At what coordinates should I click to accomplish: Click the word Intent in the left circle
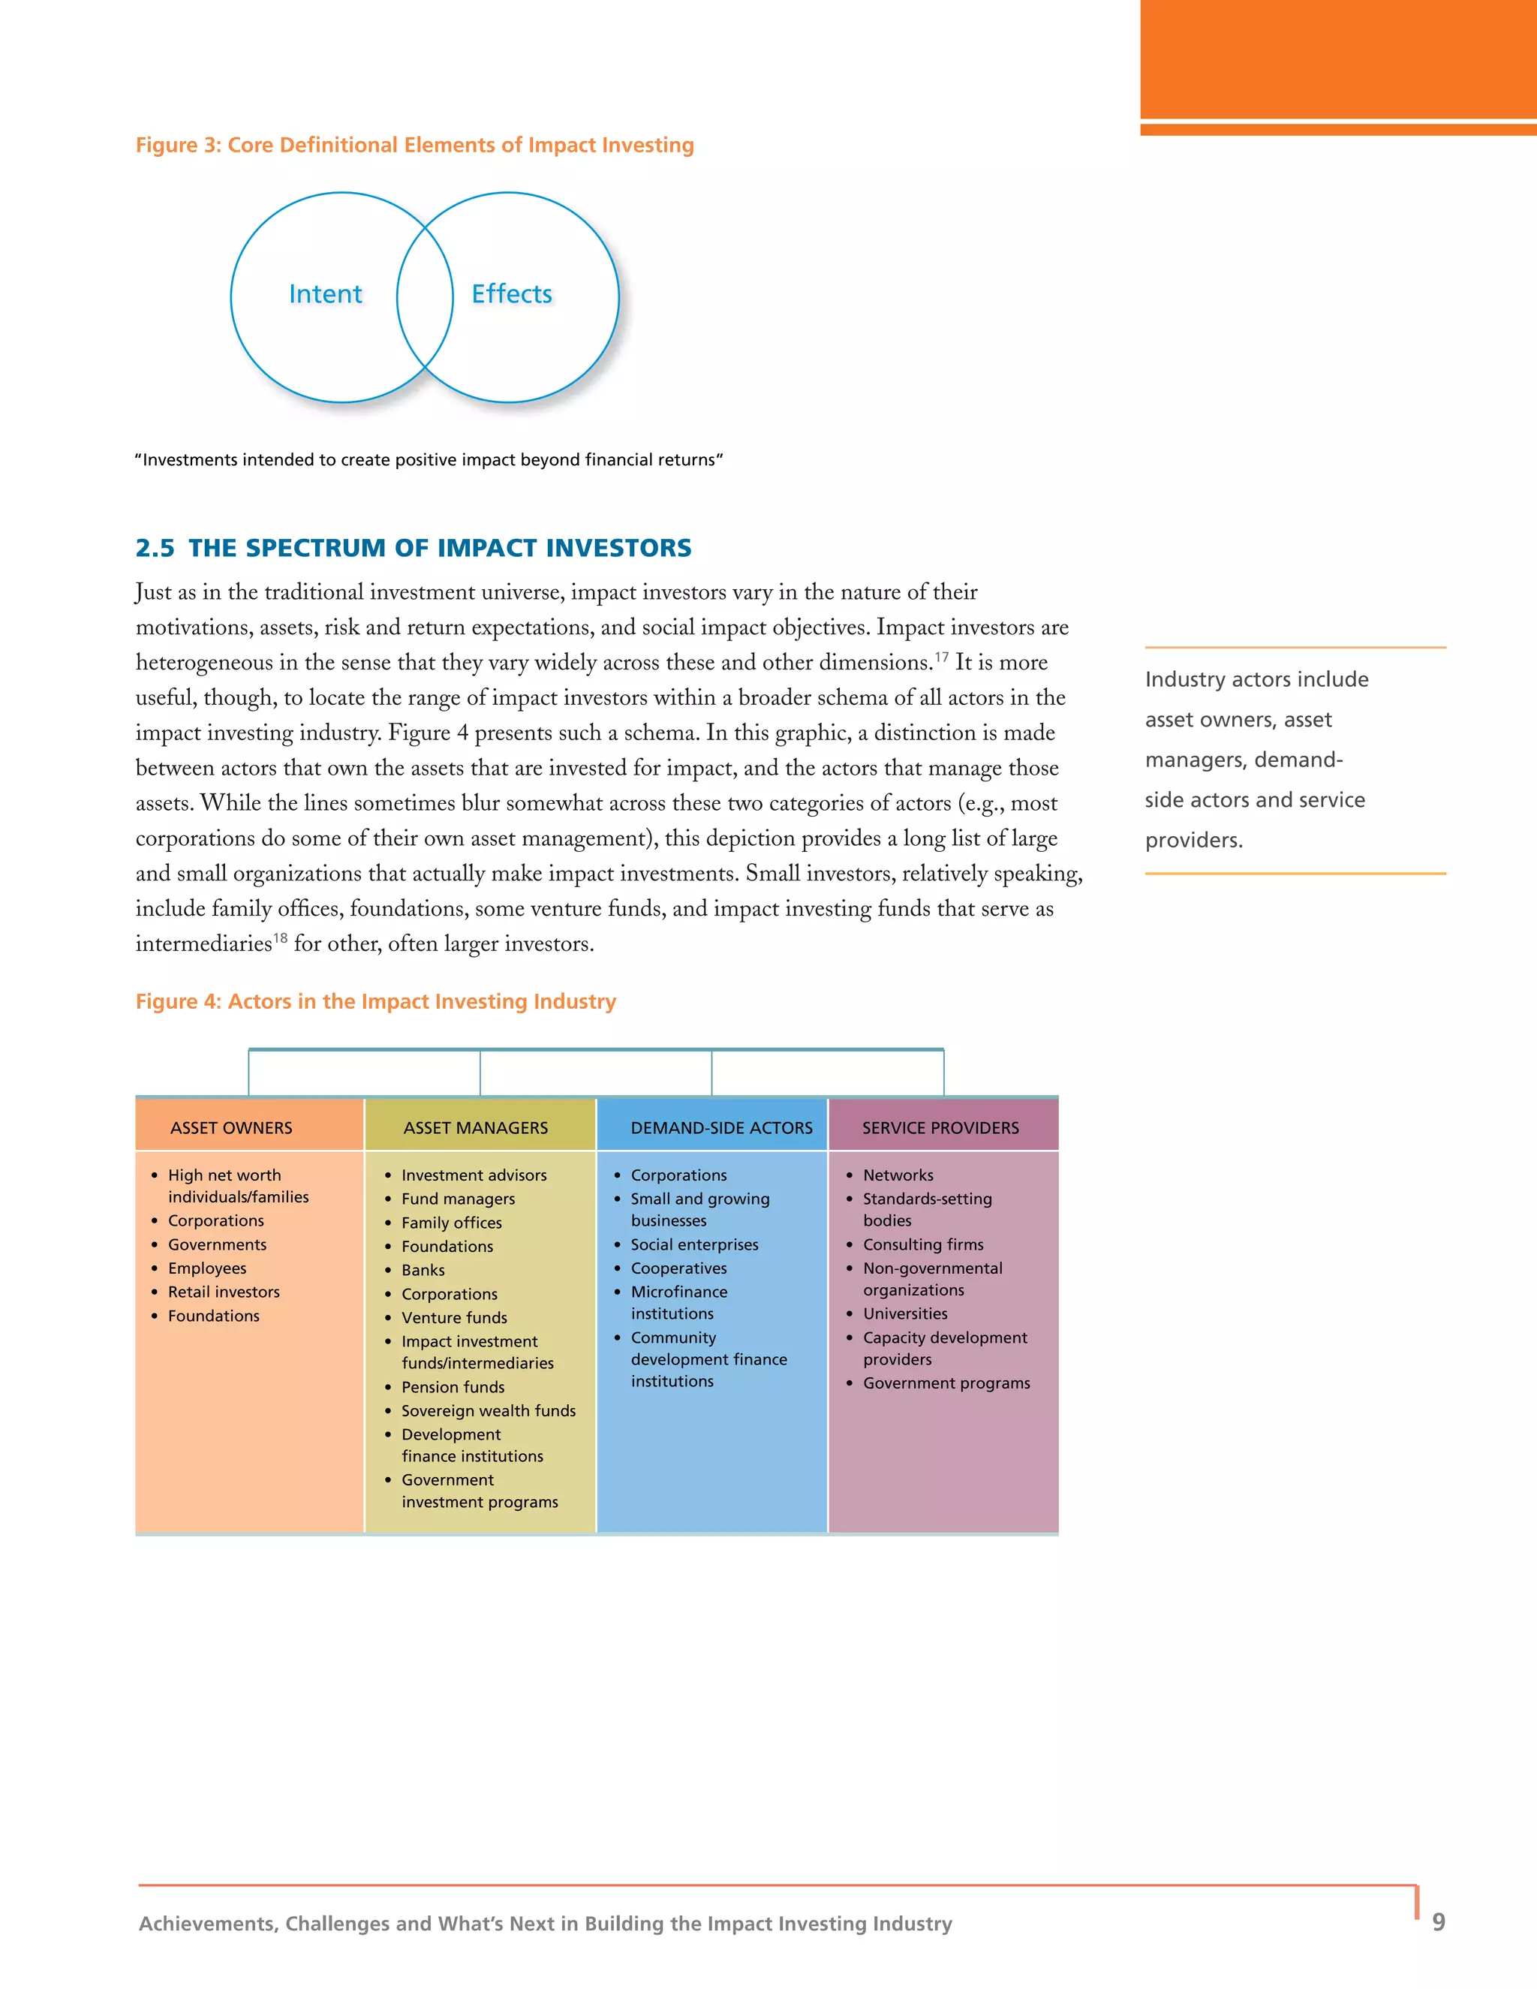pyautogui.click(x=325, y=294)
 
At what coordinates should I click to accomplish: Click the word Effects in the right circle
pyautogui.click(x=512, y=294)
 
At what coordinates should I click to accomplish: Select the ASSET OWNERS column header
pyautogui.click(x=231, y=1127)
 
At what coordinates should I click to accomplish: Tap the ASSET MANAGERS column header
pyautogui.click(x=475, y=1127)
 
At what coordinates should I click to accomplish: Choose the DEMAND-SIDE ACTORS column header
pyautogui.click(x=721, y=1127)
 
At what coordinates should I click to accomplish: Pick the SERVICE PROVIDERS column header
pyautogui.click(x=940, y=1127)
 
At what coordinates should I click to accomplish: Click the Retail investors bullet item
pyautogui.click(x=223, y=1292)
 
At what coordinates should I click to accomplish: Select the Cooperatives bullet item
pyautogui.click(x=678, y=1268)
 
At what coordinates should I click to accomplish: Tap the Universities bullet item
pyautogui.click(x=905, y=1313)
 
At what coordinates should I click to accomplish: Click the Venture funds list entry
pyautogui.click(x=454, y=1318)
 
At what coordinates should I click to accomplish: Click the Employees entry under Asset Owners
pyautogui.click(x=206, y=1268)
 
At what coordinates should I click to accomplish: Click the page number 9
pyautogui.click(x=1439, y=1921)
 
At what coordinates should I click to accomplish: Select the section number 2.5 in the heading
pyautogui.click(x=155, y=547)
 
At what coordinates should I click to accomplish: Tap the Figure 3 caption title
pyautogui.click(x=414, y=145)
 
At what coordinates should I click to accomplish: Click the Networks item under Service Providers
pyautogui.click(x=898, y=1175)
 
